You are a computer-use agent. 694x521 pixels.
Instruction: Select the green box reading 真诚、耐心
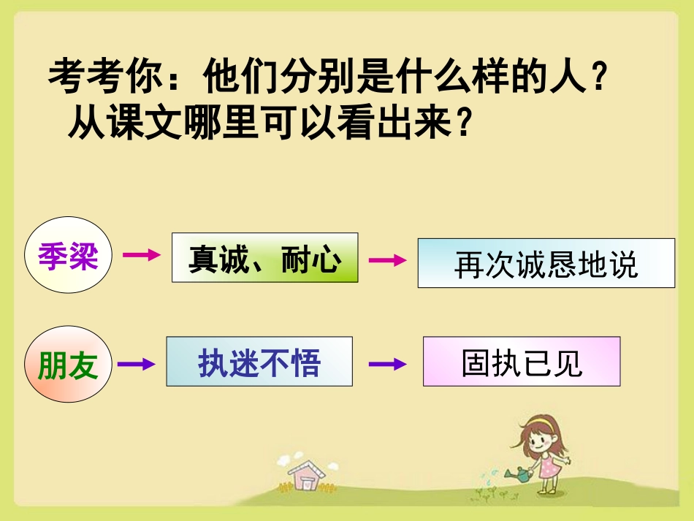tap(264, 258)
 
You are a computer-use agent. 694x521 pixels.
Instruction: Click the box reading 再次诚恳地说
tap(546, 262)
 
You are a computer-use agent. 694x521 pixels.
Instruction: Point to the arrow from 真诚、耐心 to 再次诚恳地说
tap(386, 260)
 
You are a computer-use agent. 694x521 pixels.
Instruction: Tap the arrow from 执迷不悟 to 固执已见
tap(386, 363)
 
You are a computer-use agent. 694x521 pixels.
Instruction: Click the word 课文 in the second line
tap(142, 123)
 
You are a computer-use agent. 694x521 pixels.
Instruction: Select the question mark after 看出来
tap(460, 124)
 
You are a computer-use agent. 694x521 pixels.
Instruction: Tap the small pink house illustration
tap(306, 476)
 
